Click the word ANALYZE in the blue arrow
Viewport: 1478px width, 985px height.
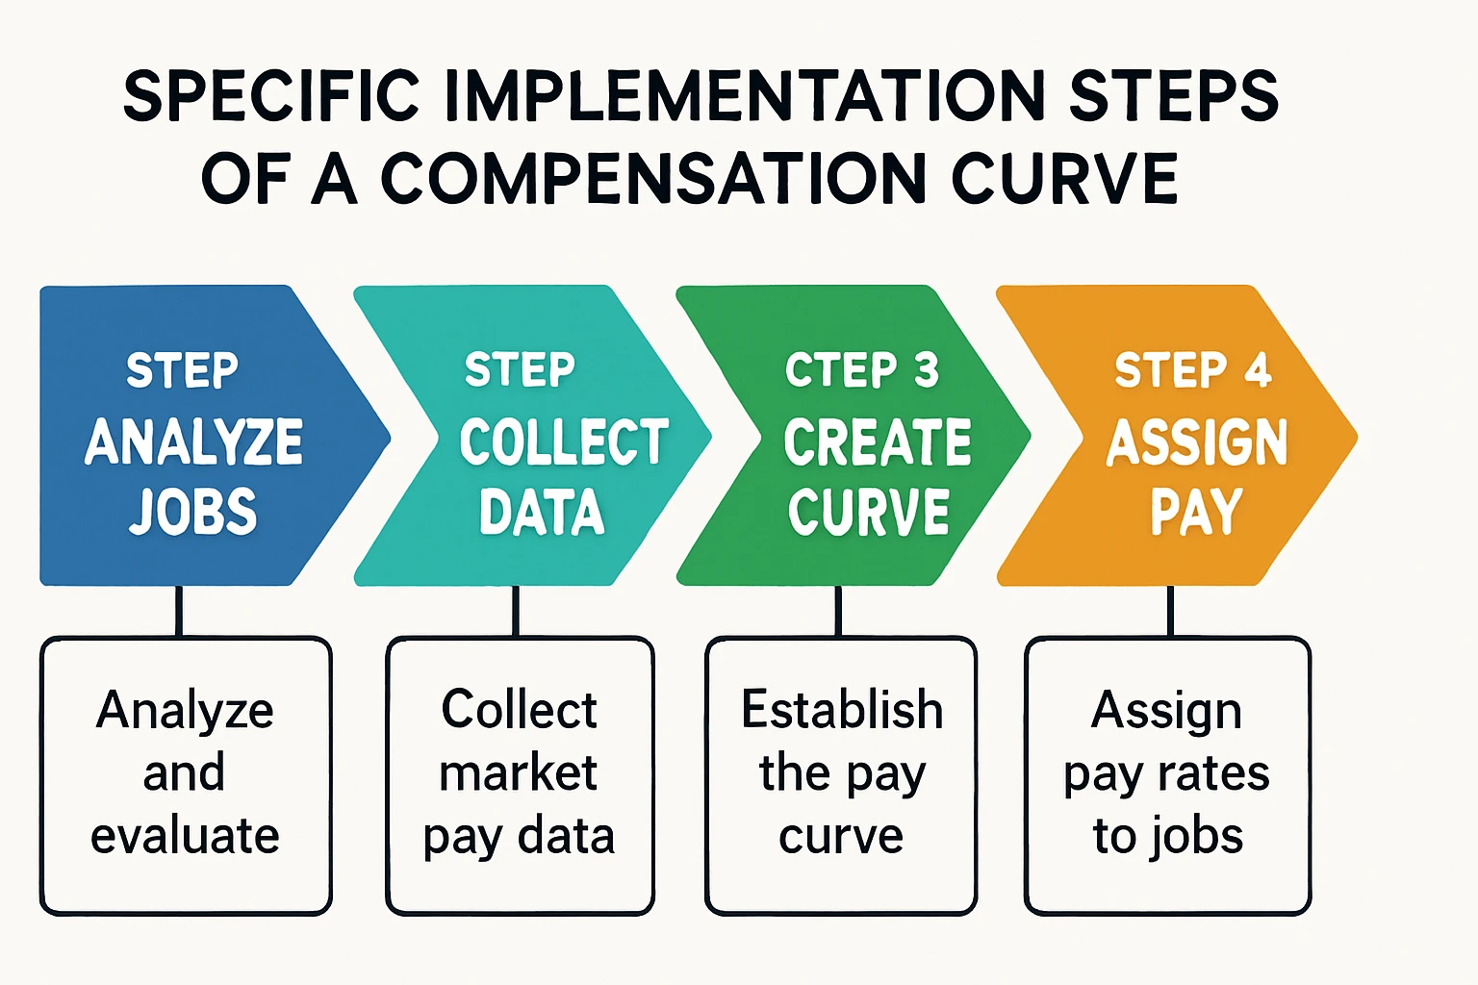tap(194, 442)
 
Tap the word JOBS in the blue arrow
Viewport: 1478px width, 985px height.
tap(192, 511)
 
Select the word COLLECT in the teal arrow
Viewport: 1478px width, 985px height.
tap(564, 441)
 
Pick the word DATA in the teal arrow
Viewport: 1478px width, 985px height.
tap(542, 511)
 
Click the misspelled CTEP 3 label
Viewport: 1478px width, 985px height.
tap(862, 369)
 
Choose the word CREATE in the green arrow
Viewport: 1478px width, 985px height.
tap(878, 442)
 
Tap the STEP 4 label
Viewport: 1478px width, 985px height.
tap(1193, 369)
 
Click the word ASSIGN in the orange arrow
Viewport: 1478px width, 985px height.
tap(1197, 442)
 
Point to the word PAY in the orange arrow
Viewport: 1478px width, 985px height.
tap(1197, 511)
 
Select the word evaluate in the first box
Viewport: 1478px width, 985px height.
tap(185, 835)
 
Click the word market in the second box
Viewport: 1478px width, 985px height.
tap(519, 772)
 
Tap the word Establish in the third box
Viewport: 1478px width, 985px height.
tap(842, 710)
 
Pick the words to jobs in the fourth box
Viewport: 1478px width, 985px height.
tap(1168, 837)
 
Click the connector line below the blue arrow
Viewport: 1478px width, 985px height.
tap(179, 611)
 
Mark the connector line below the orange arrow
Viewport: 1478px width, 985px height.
tap(1170, 611)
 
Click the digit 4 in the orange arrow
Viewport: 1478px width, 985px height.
tap(1259, 369)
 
